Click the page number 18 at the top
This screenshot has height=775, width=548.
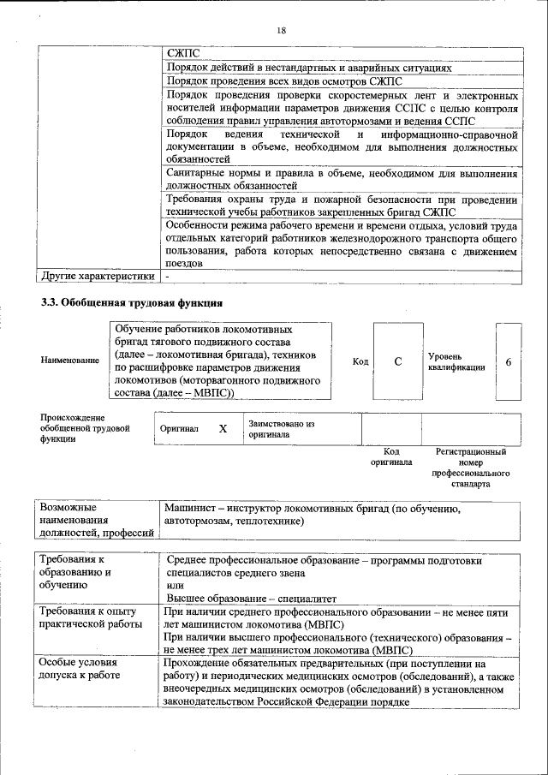pos(282,31)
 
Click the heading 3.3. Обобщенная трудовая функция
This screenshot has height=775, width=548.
pos(133,303)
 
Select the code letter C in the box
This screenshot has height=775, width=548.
pos(398,361)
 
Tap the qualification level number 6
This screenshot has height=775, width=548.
pos(509,361)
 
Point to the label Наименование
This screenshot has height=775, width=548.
pos(69,361)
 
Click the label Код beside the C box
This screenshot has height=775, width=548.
pos(360,361)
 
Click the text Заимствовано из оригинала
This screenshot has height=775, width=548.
pos(282,428)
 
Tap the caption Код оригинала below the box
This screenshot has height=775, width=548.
pos(391,456)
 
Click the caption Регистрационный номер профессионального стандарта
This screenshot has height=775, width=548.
pos(470,467)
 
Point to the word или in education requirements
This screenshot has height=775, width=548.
pos(176,585)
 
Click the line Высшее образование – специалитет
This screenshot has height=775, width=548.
pos(252,598)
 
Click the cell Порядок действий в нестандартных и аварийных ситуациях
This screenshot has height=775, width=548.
pos(309,67)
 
